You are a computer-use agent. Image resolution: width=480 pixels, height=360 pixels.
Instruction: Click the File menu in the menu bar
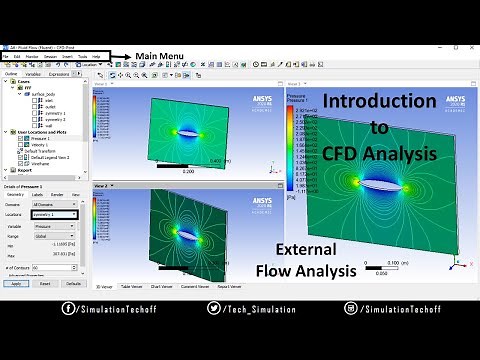[5, 56]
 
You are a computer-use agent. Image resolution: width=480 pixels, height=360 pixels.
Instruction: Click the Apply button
[14, 283]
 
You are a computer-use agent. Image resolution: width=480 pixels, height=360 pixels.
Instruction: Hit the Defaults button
[73, 283]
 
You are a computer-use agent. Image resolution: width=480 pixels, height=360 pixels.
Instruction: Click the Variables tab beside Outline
[33, 73]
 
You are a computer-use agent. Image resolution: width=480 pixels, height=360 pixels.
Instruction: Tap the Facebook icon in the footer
[68, 310]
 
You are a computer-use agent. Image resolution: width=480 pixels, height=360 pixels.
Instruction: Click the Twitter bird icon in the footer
[214, 310]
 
